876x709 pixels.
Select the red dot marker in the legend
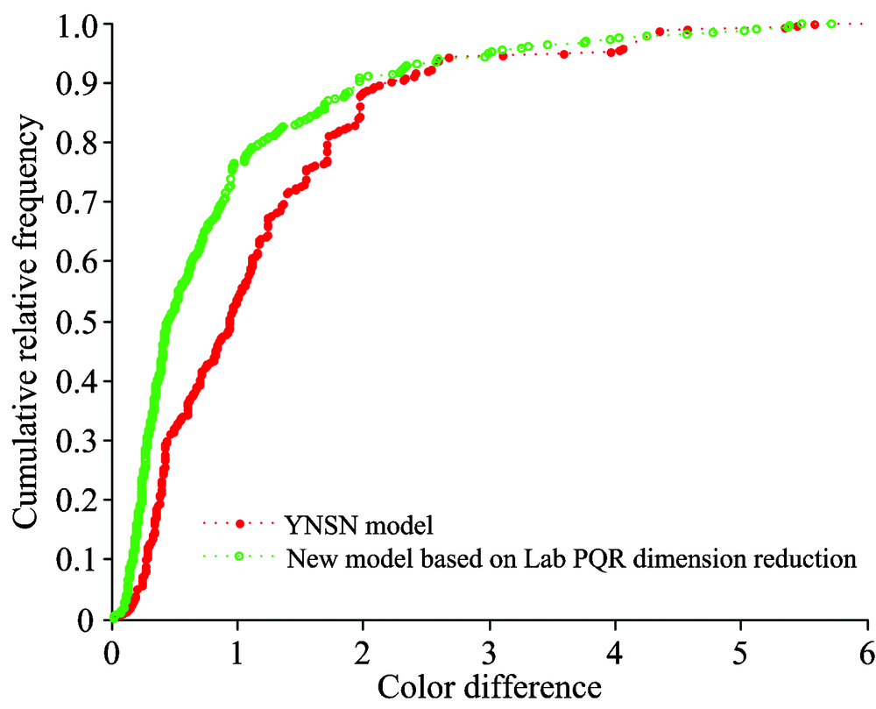pyautogui.click(x=240, y=524)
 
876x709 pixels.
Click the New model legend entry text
pyautogui.click(x=570, y=557)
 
